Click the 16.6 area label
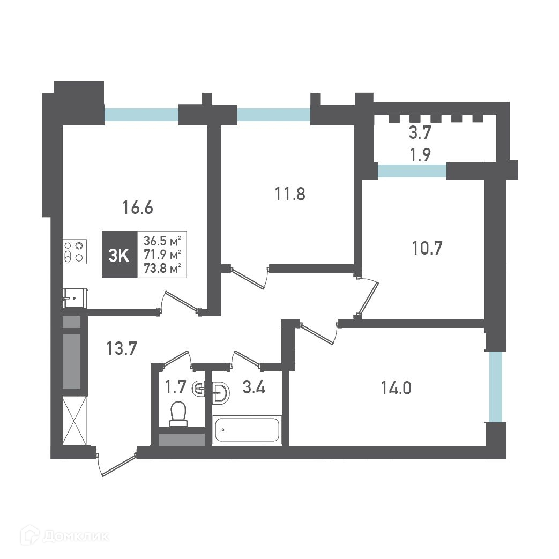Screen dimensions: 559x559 tap(138, 207)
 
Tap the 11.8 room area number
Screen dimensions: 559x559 tap(290, 195)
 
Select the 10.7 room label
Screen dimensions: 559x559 tap(427, 248)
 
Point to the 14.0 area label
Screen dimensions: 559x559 tap(396, 388)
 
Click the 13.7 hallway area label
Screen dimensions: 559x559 tap(122, 348)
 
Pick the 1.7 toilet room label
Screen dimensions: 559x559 tap(175, 387)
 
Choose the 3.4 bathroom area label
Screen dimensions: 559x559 tap(254, 387)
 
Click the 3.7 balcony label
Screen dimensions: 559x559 tap(420, 133)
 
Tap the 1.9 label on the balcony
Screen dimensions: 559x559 tap(420, 155)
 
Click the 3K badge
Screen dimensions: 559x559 tap(120, 255)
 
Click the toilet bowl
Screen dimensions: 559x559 tap(178, 414)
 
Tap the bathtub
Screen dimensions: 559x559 tap(247, 430)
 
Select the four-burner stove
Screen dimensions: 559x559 tap(74, 252)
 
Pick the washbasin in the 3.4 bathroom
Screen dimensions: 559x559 tap(220, 393)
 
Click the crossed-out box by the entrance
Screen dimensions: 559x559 tap(74, 420)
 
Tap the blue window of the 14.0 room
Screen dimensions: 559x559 tap(496, 387)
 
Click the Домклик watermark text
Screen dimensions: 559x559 tap(76, 536)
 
